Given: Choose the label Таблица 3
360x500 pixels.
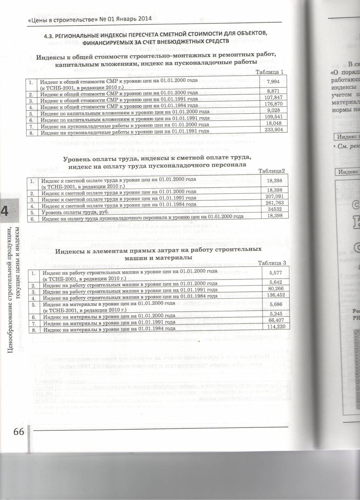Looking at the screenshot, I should (272, 263).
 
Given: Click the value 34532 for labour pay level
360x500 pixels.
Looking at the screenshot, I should (274, 209).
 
